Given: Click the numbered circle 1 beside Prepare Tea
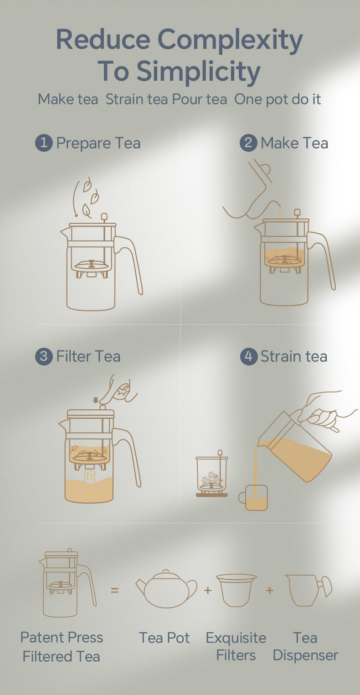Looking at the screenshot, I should pos(44,143).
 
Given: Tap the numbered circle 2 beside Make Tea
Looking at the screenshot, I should pos(248,143).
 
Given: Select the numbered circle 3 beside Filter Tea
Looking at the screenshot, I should pos(44,356).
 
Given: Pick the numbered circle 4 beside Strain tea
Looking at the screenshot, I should pos(248,356).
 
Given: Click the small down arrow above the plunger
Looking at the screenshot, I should pos(95,400).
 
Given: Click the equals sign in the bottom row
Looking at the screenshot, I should pos(114,590).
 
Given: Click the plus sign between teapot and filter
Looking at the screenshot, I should pos(208,590).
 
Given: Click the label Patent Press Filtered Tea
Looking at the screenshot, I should pos(62,647).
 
